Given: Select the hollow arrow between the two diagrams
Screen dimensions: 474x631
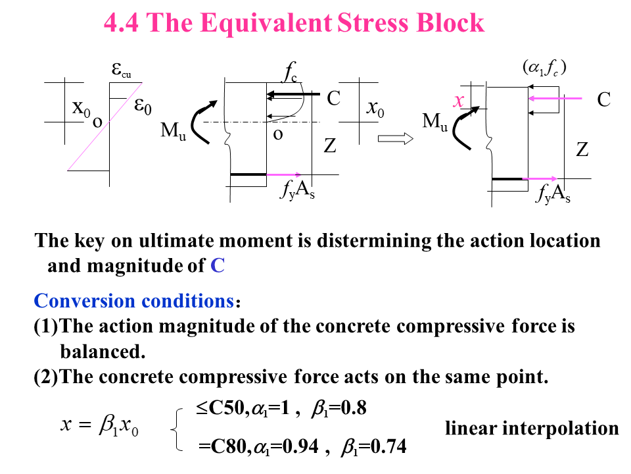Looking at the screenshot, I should (395, 138).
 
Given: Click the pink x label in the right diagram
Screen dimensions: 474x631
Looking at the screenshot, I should (459, 101).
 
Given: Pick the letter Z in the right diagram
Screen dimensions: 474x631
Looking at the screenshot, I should (582, 150).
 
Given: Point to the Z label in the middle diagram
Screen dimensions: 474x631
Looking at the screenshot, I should (329, 146).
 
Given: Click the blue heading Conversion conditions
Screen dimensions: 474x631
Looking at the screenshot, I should (133, 302).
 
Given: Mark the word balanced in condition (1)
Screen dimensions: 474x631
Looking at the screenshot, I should (102, 351).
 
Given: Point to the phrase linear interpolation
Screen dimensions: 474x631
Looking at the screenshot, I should (532, 429).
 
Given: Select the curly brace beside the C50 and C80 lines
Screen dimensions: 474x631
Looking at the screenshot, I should (175, 429).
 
